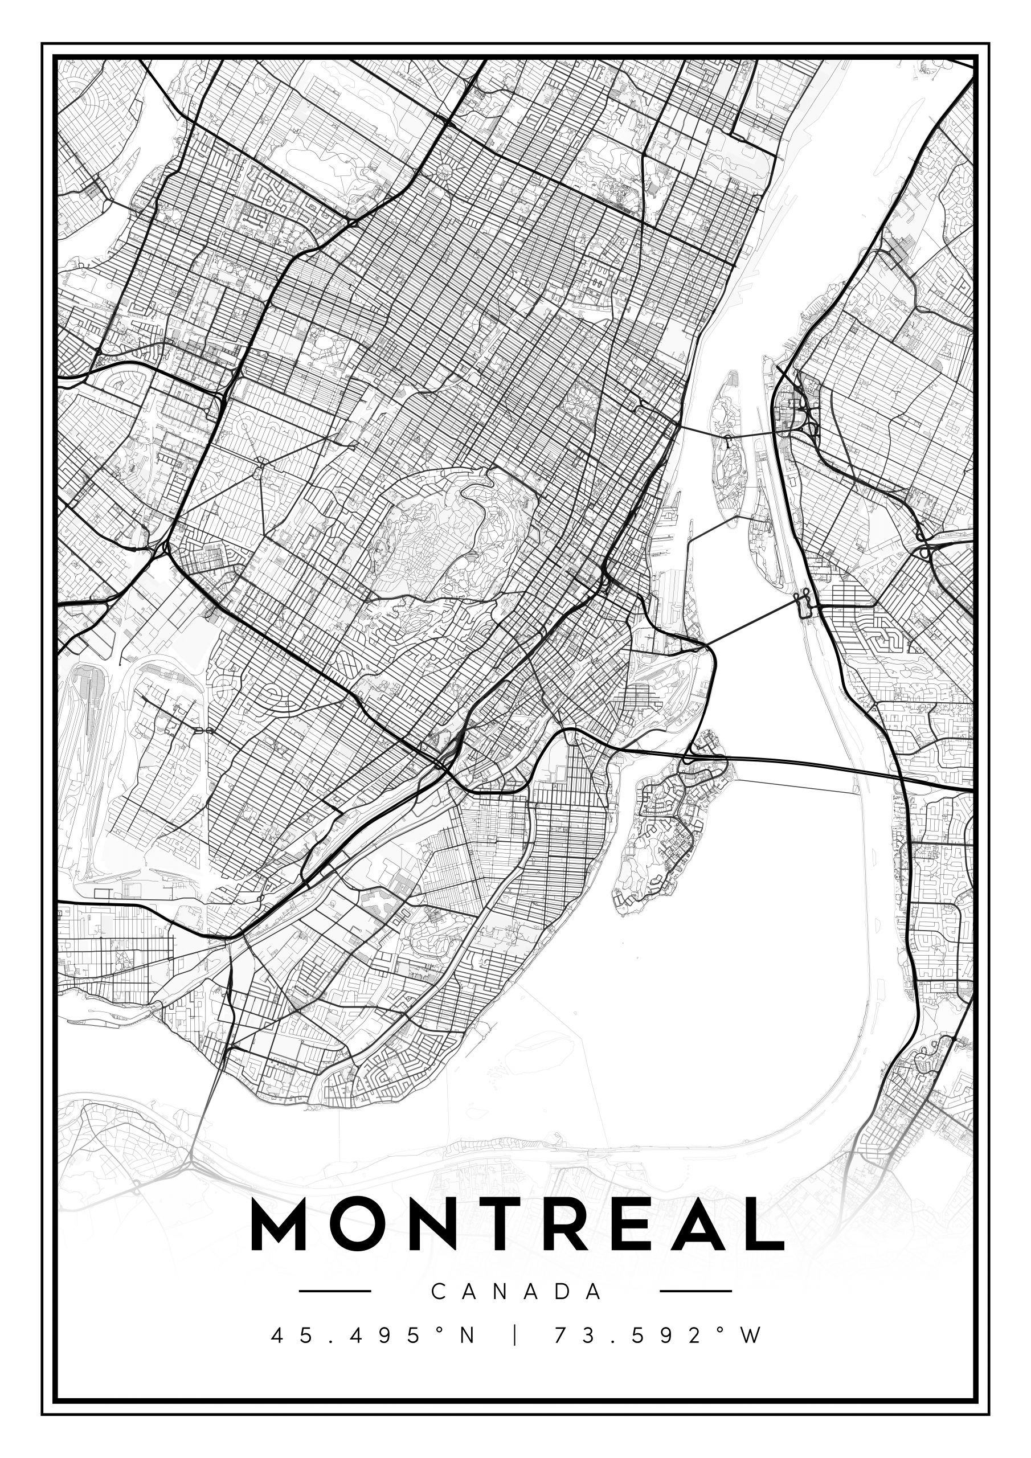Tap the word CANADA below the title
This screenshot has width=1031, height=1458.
click(x=517, y=1292)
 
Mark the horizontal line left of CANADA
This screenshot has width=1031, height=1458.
click(x=335, y=1291)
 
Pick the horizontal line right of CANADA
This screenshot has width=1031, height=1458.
click(x=696, y=1291)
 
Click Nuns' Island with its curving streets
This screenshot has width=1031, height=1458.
click(x=667, y=825)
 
